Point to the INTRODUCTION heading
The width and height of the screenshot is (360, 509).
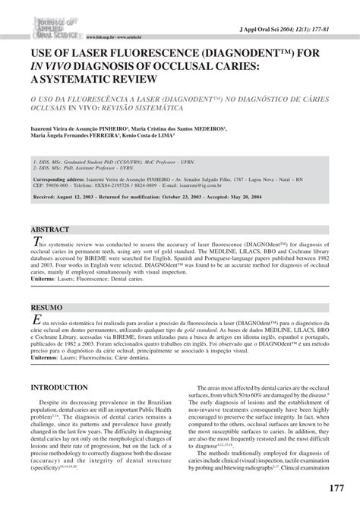pyautogui.click(x=64, y=387)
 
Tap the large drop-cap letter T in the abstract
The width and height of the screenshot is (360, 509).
pyautogui.click(x=35, y=242)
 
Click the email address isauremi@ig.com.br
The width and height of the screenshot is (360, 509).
pyautogui.click(x=271, y=182)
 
